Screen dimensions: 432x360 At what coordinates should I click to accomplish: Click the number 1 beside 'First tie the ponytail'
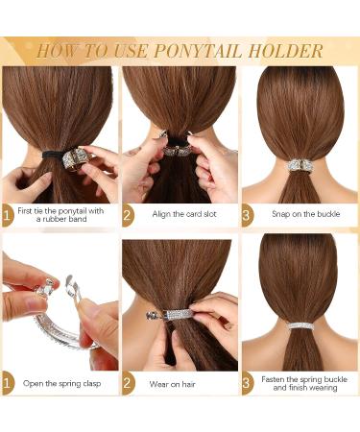(8, 215)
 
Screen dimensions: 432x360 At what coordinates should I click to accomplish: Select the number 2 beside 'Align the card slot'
(128, 215)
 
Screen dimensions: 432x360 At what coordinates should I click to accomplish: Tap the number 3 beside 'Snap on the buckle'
(248, 215)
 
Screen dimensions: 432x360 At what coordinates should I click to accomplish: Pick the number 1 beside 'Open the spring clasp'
(8, 384)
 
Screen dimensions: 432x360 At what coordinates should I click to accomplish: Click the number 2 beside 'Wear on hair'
(128, 384)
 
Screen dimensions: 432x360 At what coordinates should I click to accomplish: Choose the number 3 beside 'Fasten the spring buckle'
(248, 384)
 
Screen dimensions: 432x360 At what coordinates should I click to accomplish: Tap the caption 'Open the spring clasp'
(62, 383)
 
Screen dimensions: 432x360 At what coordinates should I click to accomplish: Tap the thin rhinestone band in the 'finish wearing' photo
(299, 325)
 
